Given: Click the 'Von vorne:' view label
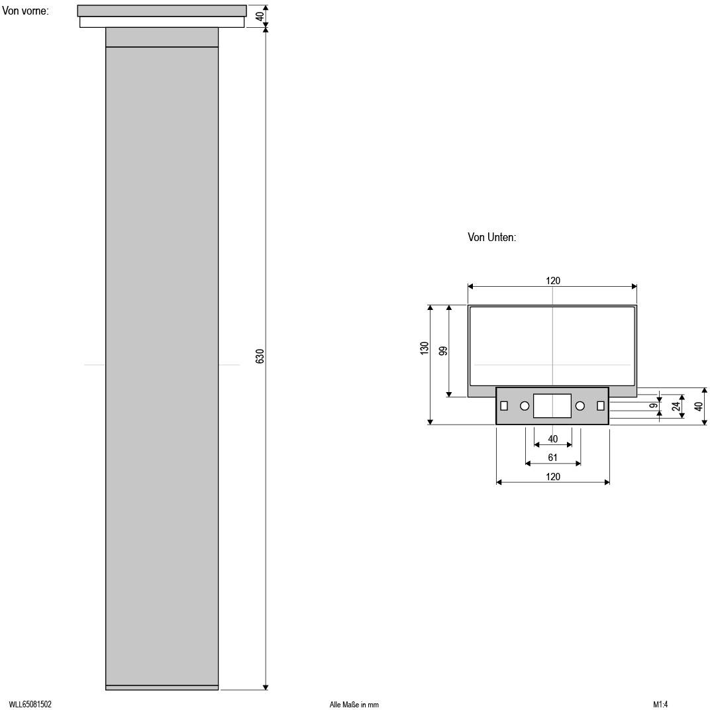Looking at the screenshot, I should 26,11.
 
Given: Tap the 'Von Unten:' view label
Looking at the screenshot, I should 491,238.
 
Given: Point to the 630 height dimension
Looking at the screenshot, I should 260,356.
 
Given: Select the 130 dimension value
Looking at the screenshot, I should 425,348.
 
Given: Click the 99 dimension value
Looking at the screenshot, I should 443,350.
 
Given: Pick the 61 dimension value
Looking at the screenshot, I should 553,458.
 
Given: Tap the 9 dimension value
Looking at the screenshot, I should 654,406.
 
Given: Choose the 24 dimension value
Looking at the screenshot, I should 676,406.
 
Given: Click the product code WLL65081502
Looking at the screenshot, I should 30,705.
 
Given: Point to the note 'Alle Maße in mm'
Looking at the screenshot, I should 354,705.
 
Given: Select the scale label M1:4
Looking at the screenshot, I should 660,705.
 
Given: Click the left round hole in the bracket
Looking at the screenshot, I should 525,406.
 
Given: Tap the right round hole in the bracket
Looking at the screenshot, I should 580,406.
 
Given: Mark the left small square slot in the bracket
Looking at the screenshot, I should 504,406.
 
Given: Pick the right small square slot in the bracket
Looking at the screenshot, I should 601,406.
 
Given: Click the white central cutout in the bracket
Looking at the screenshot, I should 552,406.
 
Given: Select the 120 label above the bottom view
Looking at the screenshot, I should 553,281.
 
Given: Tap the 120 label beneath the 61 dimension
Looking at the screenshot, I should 553,477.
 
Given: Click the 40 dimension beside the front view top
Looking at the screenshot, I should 260,15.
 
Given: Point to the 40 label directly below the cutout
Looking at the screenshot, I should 553,439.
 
